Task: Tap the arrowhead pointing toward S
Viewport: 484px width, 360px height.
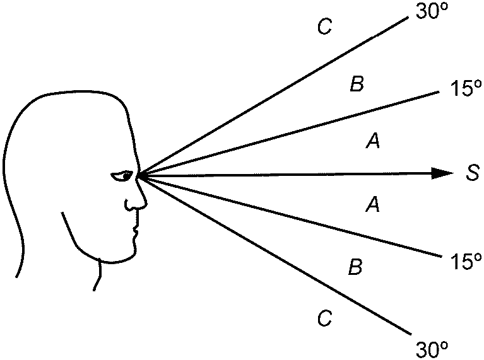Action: click(443, 173)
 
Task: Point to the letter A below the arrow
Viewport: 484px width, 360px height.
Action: click(373, 204)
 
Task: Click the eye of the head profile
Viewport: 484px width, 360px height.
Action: click(122, 175)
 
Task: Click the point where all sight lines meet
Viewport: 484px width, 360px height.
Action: click(138, 174)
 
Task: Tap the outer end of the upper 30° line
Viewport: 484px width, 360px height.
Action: click(408, 17)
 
